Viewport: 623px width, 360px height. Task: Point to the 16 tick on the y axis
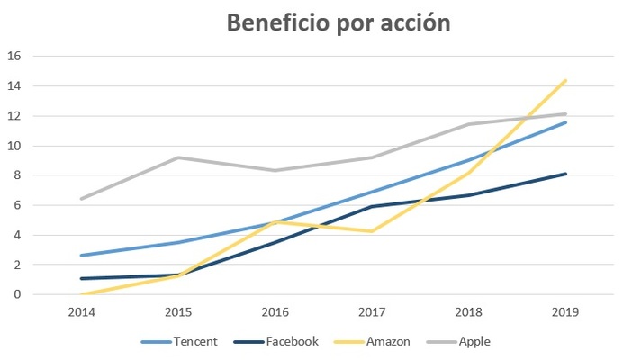click(x=14, y=56)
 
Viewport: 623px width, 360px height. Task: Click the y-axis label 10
click(x=14, y=146)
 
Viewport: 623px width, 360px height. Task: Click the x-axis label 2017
click(x=371, y=311)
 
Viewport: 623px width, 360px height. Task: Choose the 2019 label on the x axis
click(x=564, y=311)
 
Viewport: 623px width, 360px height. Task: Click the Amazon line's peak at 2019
click(x=564, y=81)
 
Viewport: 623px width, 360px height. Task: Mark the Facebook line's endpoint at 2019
click(x=564, y=174)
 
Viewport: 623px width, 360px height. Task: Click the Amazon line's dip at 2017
click(x=371, y=231)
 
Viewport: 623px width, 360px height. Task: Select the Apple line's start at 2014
click(x=81, y=199)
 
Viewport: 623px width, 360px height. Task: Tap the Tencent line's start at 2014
click(x=81, y=256)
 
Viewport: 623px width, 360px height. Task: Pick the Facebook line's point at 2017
click(x=371, y=206)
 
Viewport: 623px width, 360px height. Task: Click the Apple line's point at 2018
click(x=468, y=124)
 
